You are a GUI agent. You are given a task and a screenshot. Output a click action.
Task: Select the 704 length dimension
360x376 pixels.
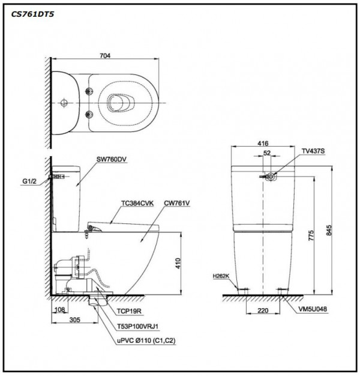(106, 56)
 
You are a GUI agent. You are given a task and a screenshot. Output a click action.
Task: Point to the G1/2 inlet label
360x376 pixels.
(29, 178)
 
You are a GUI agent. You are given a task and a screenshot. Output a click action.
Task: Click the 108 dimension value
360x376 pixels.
(58, 311)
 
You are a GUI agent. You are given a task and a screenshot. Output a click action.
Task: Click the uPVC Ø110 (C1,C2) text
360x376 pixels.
(146, 341)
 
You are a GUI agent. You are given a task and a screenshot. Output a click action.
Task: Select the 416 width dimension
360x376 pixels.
(262, 145)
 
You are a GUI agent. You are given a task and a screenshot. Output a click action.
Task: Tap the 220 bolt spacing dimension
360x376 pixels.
(262, 312)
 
